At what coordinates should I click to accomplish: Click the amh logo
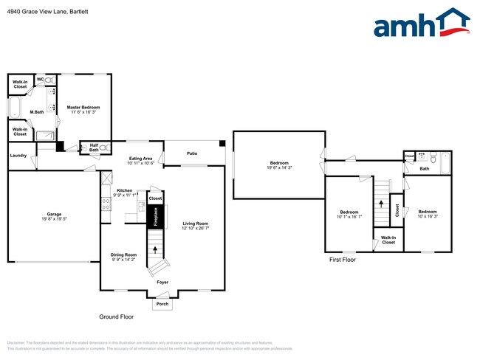coord(421,24)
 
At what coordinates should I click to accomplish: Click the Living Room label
coord(196,225)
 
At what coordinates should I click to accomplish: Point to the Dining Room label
coord(123,256)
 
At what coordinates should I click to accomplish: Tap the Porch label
coord(162,303)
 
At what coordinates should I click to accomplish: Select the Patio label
coord(192,153)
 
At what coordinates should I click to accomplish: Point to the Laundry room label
coord(18,156)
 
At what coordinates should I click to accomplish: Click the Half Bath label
coord(94,148)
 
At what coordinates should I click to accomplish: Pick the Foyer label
coord(162,282)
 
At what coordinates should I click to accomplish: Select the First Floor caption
coord(343,260)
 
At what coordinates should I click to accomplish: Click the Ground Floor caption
coord(117,316)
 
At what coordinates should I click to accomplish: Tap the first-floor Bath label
coord(425,169)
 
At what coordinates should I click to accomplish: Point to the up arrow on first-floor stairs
coord(382,203)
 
